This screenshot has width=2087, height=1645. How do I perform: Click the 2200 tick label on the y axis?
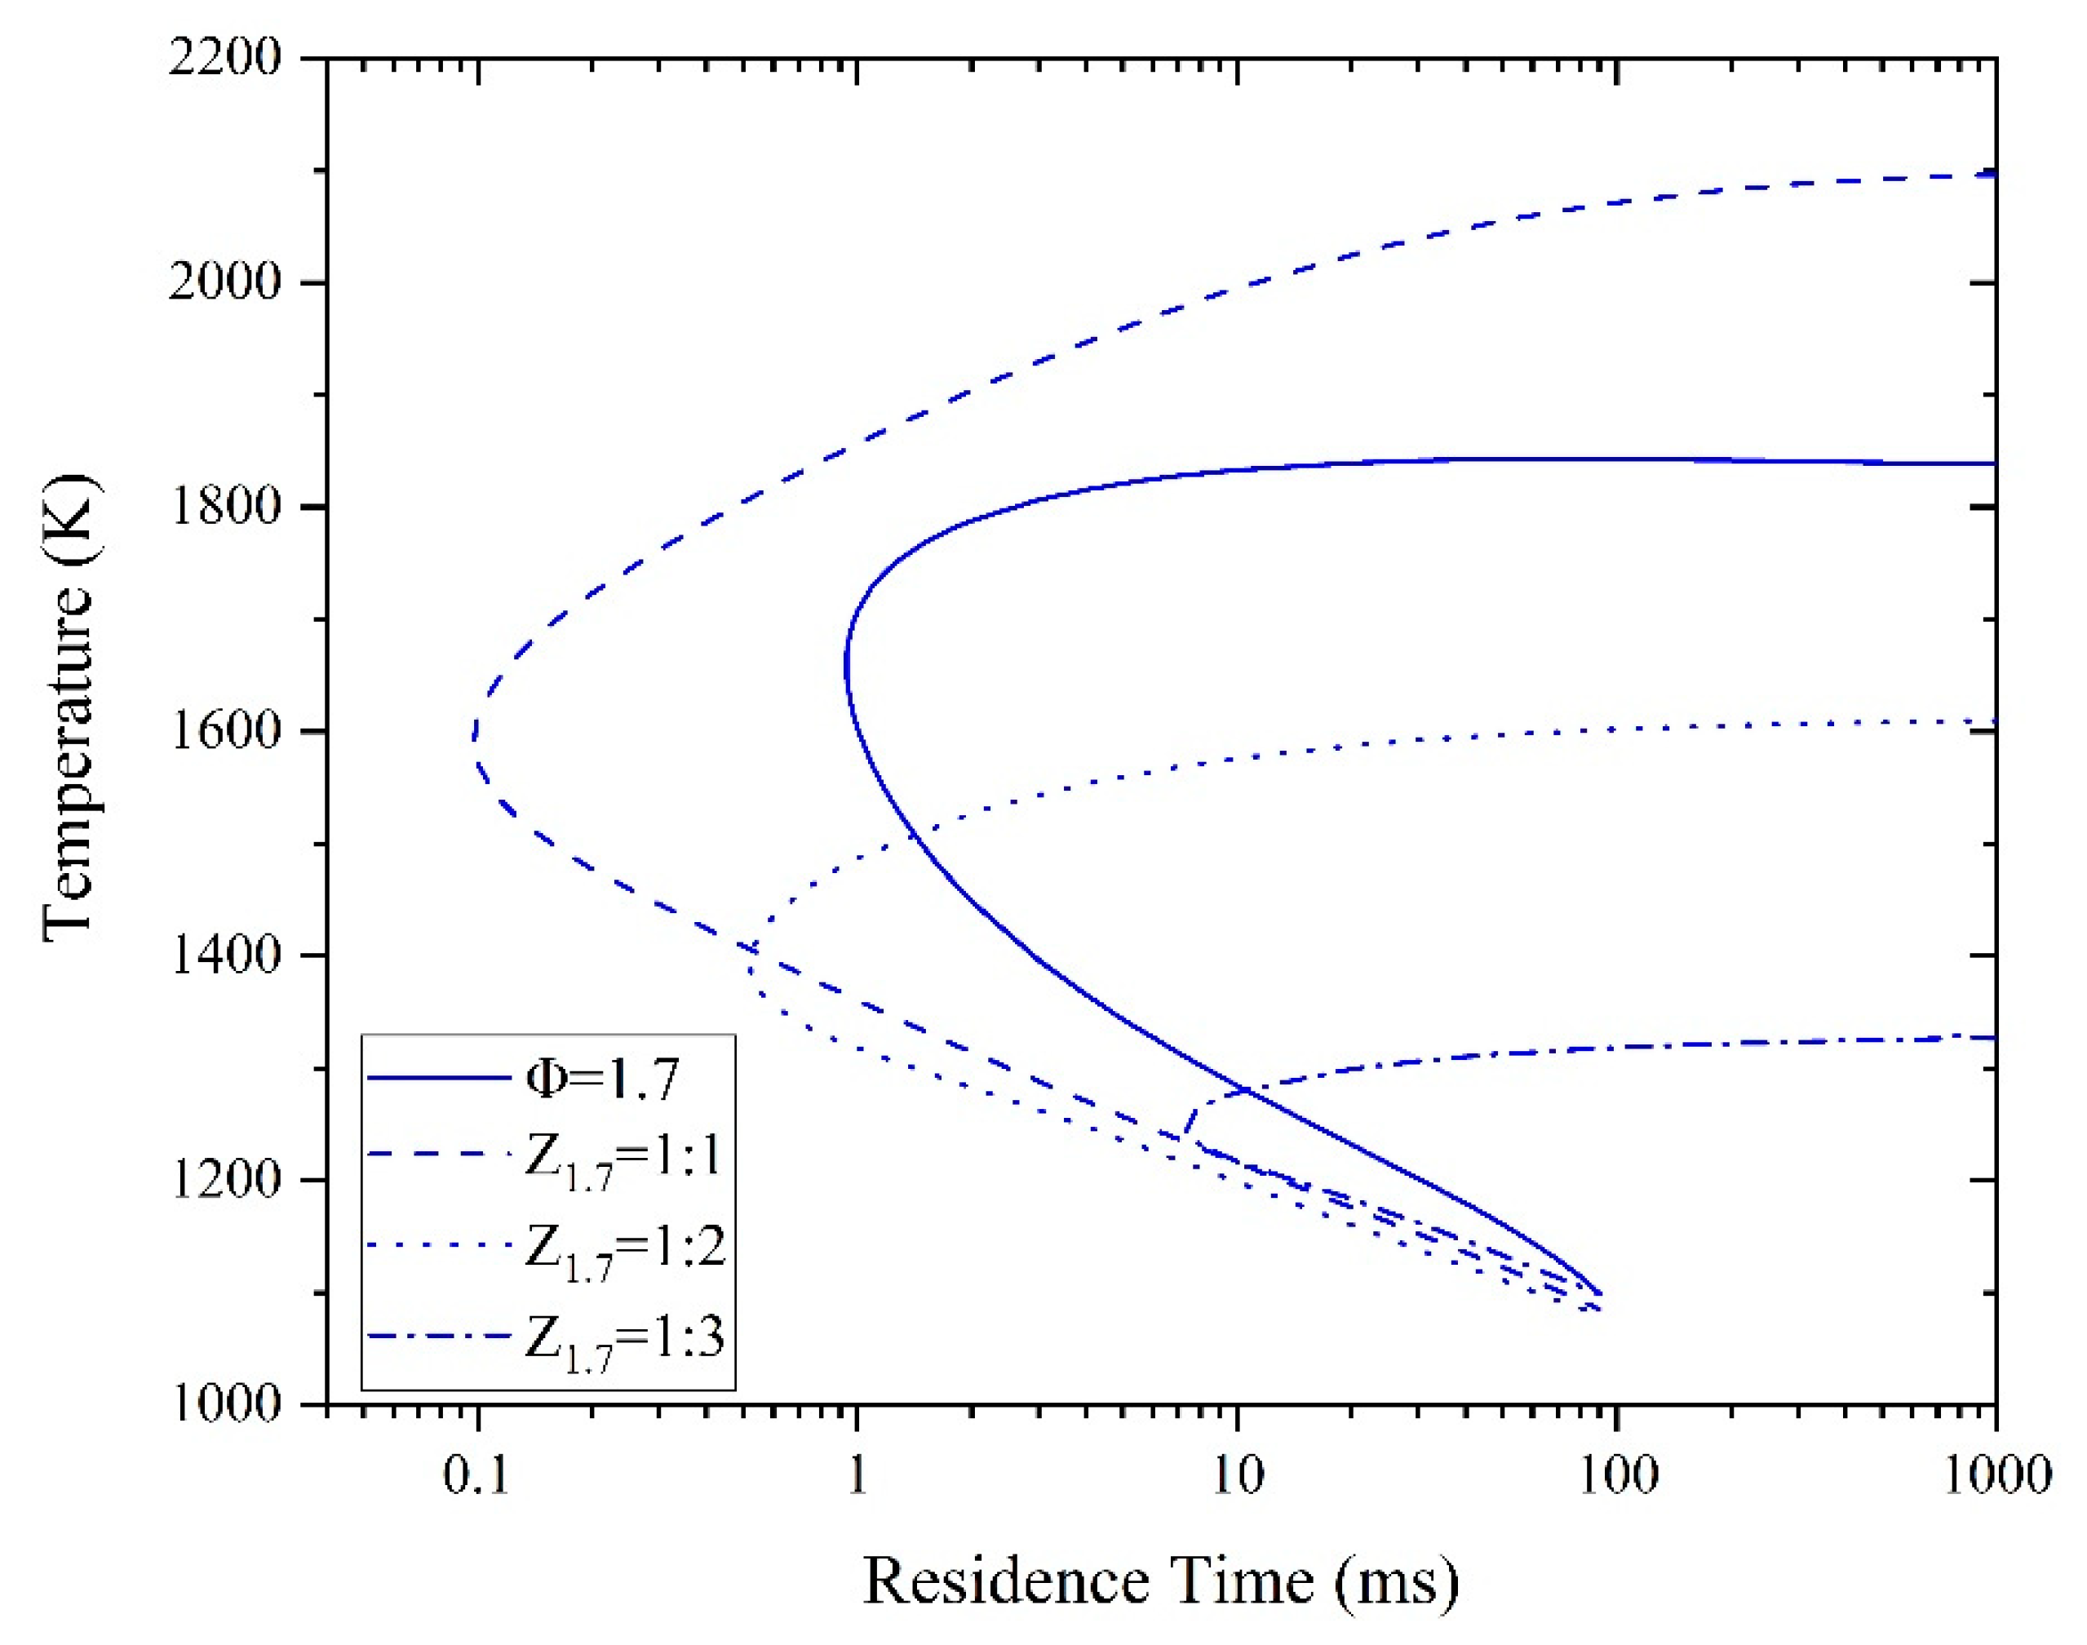224,60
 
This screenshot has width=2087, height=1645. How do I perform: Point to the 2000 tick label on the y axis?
224,283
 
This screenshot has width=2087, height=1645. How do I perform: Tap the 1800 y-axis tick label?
224,508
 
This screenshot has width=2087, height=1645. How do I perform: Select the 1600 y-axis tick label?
224,732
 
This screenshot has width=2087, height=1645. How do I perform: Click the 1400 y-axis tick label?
224,956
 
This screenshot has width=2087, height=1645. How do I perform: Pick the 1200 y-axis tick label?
224,1180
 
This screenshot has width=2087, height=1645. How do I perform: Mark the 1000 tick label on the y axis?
224,1403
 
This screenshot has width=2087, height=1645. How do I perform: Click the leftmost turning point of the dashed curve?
474,739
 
